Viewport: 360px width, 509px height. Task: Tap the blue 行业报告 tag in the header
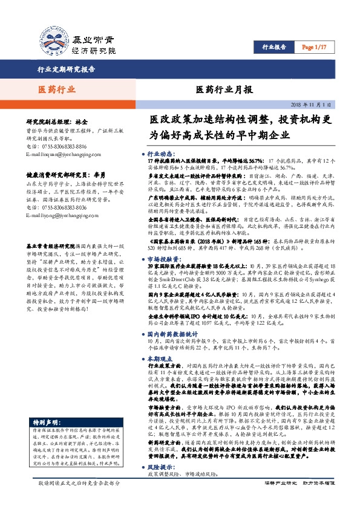(275, 47)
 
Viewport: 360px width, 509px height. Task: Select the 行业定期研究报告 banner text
(67, 69)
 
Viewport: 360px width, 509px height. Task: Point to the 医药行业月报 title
(224, 90)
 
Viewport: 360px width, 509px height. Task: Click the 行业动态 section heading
(160, 154)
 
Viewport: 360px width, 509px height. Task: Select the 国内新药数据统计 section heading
(172, 333)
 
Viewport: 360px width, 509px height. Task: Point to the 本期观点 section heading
(160, 359)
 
